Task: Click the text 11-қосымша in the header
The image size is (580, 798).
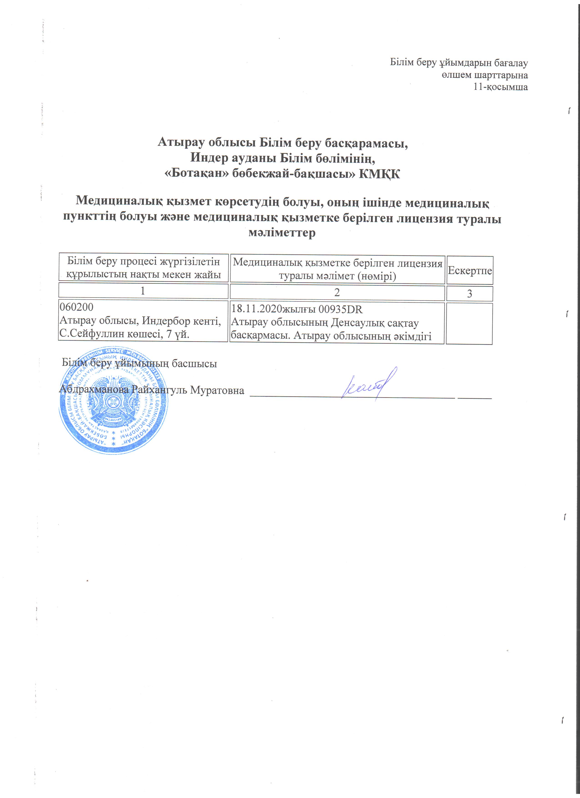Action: [501, 87]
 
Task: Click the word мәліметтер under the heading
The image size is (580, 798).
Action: [282, 232]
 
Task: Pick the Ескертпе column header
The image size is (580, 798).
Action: [469, 270]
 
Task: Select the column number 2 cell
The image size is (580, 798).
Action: [337, 293]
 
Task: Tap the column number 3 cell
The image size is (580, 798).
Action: [469, 294]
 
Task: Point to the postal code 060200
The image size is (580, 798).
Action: [77, 307]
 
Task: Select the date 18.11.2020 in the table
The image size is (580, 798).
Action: [256, 309]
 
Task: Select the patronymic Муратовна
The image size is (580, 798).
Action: [217, 390]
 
